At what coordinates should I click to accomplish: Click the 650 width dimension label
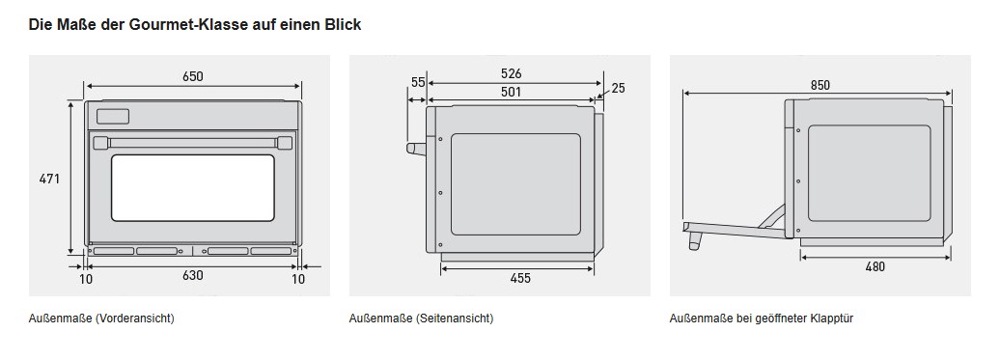[x=193, y=76]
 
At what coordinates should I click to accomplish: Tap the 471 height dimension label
[x=49, y=180]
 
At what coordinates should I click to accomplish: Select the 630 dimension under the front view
[x=193, y=275]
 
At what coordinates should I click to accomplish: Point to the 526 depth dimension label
[x=511, y=74]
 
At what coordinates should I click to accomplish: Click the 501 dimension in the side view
[x=511, y=92]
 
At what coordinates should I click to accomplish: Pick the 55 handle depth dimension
[x=418, y=82]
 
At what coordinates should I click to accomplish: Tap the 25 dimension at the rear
[x=618, y=88]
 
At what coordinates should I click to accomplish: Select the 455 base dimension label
[x=520, y=278]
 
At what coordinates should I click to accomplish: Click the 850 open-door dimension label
[x=820, y=85]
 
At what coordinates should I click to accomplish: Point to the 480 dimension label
[x=875, y=267]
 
